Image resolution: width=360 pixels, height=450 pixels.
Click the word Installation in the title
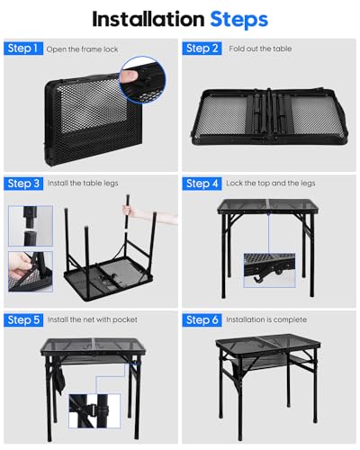pyautogui.click(x=148, y=20)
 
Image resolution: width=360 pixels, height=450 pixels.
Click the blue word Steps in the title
pyautogui.click(x=238, y=21)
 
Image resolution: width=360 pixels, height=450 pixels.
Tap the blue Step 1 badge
pyautogui.click(x=23, y=49)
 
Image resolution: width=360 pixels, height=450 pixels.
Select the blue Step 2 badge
pyautogui.click(x=202, y=49)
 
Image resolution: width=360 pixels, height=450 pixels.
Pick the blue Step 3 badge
pyautogui.click(x=23, y=184)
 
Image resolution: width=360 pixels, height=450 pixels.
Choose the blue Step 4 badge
pyautogui.click(x=202, y=184)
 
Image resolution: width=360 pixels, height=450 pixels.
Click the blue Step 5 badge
pyautogui.click(x=23, y=319)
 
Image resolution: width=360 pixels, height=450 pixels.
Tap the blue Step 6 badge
pyautogui.click(x=202, y=319)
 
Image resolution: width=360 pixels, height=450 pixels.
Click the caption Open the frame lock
pyautogui.click(x=82, y=49)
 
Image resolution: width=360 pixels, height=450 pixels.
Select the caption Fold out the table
pyautogui.click(x=260, y=49)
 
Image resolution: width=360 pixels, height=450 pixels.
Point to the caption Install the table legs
pyautogui.click(x=83, y=184)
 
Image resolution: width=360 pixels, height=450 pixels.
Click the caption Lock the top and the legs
pyautogui.click(x=271, y=184)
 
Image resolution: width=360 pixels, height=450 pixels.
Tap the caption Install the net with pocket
pyautogui.click(x=93, y=319)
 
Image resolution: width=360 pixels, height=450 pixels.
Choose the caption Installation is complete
pyautogui.click(x=266, y=319)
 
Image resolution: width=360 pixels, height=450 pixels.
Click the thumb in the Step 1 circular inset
pyautogui.click(x=130, y=76)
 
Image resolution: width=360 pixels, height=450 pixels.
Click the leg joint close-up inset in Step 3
pyautogui.click(x=31, y=226)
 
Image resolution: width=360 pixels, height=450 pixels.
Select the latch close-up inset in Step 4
pyautogui.click(x=269, y=270)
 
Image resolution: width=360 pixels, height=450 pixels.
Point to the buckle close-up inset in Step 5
pyautogui.click(x=94, y=410)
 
